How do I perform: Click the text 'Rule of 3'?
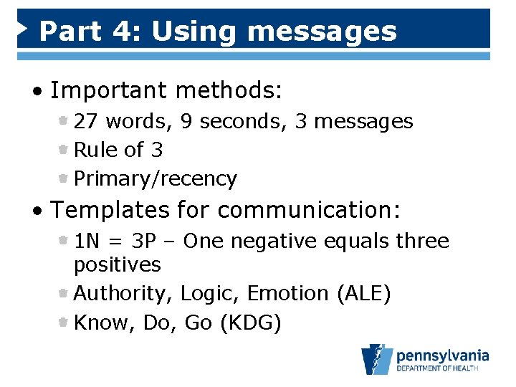118,150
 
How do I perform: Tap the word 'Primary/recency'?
156,179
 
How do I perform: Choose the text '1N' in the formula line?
86,242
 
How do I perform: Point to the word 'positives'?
118,265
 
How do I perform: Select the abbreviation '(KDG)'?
250,323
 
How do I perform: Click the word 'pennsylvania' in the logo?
442,355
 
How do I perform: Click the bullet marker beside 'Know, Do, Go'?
64,322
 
